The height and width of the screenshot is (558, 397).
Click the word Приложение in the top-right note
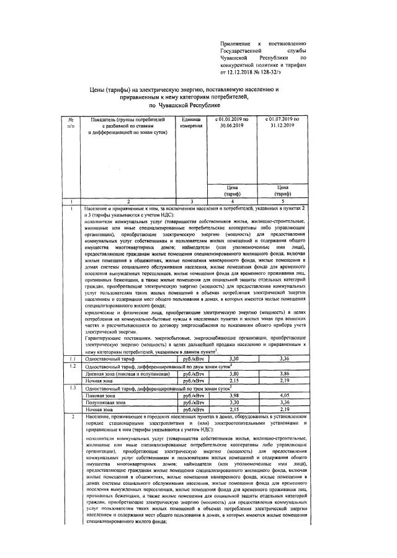click(x=236, y=43)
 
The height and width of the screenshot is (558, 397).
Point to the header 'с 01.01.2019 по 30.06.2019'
click(x=233, y=122)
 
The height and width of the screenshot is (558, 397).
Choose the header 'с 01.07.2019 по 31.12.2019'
click(x=282, y=122)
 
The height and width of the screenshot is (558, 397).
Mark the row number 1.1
click(x=72, y=359)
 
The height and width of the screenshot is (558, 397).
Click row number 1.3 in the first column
click(x=72, y=387)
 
